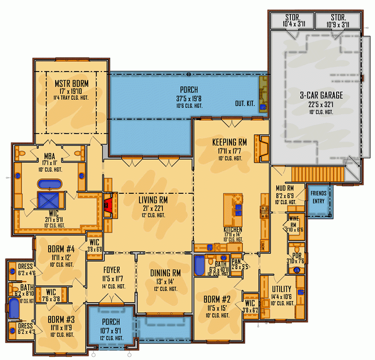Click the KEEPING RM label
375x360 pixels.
[229, 142]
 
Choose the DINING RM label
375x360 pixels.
[165, 273]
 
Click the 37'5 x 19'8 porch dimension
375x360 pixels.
[188, 99]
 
